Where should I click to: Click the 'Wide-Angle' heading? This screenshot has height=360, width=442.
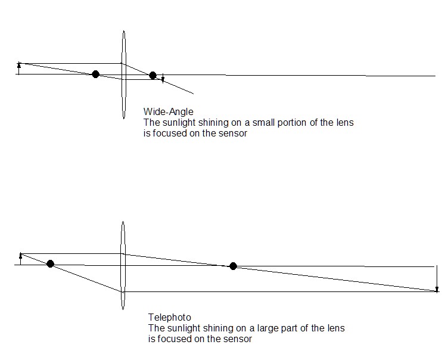coord(168,111)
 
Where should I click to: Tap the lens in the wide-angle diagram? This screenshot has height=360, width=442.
coord(123,75)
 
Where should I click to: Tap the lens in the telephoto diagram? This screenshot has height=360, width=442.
coord(123,265)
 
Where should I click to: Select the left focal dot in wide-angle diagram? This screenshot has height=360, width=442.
coord(95,74)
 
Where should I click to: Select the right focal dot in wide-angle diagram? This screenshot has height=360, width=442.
coord(152,75)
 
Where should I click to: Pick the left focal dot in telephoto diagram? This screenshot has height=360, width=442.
coord(50,263)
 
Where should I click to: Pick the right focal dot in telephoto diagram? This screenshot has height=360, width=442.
coord(233,266)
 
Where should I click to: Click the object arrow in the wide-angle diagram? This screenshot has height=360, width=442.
coord(19,68)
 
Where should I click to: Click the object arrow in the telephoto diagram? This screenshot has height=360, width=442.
coord(21,259)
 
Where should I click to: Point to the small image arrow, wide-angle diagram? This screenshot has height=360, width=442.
coord(163,79)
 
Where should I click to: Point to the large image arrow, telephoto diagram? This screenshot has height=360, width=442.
coord(437,278)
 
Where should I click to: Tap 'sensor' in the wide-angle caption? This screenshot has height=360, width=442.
coord(234,134)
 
